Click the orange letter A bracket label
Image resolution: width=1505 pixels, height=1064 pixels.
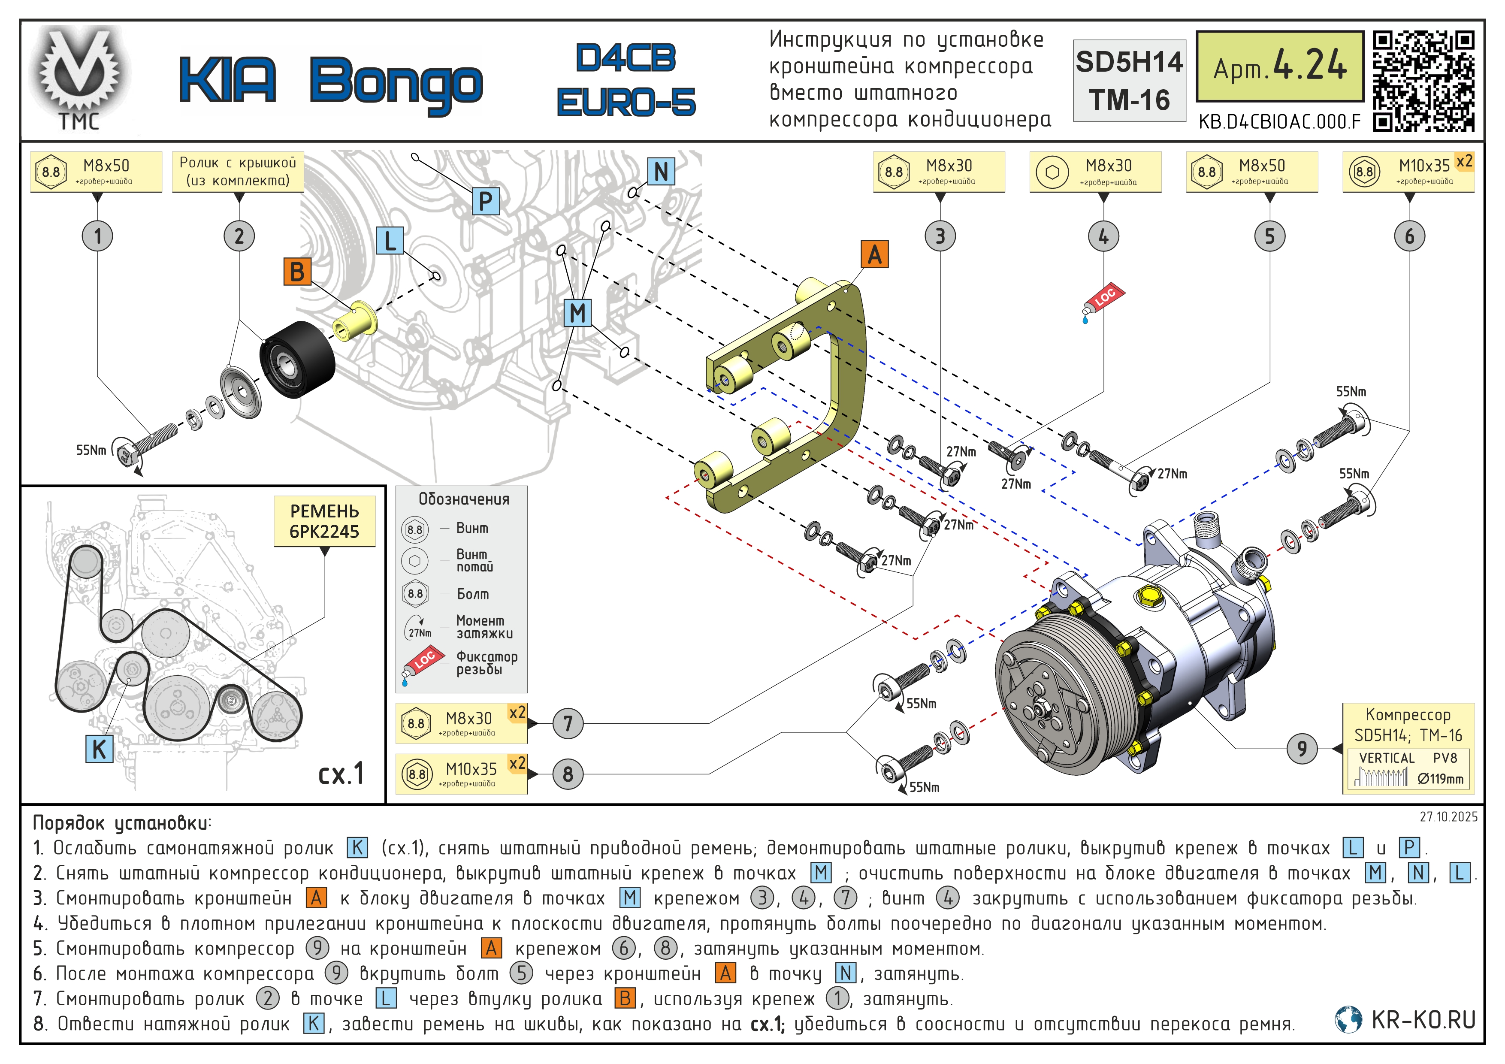coord(874,254)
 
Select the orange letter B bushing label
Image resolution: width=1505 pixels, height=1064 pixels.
coord(297,272)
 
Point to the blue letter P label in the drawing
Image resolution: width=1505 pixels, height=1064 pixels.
coord(486,201)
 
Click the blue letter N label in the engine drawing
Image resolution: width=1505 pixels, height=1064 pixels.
coord(661,172)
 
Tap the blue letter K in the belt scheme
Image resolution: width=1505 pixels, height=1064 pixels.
coord(99,749)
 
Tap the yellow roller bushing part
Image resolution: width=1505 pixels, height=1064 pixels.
coord(355,320)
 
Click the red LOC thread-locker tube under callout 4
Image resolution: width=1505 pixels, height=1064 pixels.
coord(1103,302)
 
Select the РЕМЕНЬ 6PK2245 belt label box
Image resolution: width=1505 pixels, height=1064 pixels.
coord(324,521)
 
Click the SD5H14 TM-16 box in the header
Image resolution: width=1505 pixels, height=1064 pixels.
coord(1130,81)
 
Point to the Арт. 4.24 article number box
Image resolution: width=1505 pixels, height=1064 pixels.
coord(1279,66)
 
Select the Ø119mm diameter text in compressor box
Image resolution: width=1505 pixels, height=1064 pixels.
coord(1440,779)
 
